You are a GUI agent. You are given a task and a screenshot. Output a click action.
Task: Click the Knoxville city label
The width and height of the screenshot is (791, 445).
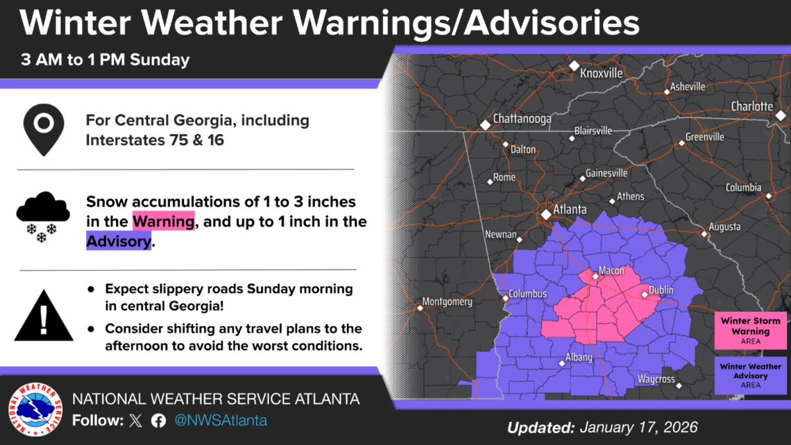pyautogui.click(x=601, y=73)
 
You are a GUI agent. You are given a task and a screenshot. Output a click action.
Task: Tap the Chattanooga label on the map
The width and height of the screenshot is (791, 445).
pyautogui.click(x=522, y=119)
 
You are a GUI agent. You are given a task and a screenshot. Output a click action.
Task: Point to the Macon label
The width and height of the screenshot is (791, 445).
pyautogui.click(x=611, y=271)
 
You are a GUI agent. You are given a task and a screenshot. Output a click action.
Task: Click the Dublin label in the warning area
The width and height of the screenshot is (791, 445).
pyautogui.click(x=661, y=290)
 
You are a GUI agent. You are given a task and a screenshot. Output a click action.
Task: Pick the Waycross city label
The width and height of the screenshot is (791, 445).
pyautogui.click(x=656, y=379)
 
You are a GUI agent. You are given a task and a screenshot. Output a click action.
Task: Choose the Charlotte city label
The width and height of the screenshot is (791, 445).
pyautogui.click(x=751, y=106)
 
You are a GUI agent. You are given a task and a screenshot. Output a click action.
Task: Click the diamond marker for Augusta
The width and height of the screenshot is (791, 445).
pyautogui.click(x=704, y=234)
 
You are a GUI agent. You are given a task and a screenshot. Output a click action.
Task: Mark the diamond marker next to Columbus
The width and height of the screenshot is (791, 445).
pyautogui.click(x=505, y=299)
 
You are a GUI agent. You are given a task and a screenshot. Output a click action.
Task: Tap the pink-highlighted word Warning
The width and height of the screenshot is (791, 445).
pyautogui.click(x=164, y=221)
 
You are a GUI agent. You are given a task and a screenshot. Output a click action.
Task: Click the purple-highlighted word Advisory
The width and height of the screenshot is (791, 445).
pyautogui.click(x=119, y=241)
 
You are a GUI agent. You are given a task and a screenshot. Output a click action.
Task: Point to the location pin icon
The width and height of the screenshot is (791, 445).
pyautogui.click(x=44, y=130)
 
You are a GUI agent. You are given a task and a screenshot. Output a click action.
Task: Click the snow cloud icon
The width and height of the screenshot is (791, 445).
pyautogui.click(x=42, y=216)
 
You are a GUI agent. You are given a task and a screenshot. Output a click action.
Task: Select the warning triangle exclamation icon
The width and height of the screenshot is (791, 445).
pyautogui.click(x=44, y=317)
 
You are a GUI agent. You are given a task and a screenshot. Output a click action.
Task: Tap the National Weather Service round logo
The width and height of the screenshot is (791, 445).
pyautogui.click(x=35, y=410)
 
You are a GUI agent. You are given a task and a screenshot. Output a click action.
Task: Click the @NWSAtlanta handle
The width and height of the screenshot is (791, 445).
pyautogui.click(x=220, y=421)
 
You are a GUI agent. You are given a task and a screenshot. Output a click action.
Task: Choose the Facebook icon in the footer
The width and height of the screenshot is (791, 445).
pyautogui.click(x=158, y=421)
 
